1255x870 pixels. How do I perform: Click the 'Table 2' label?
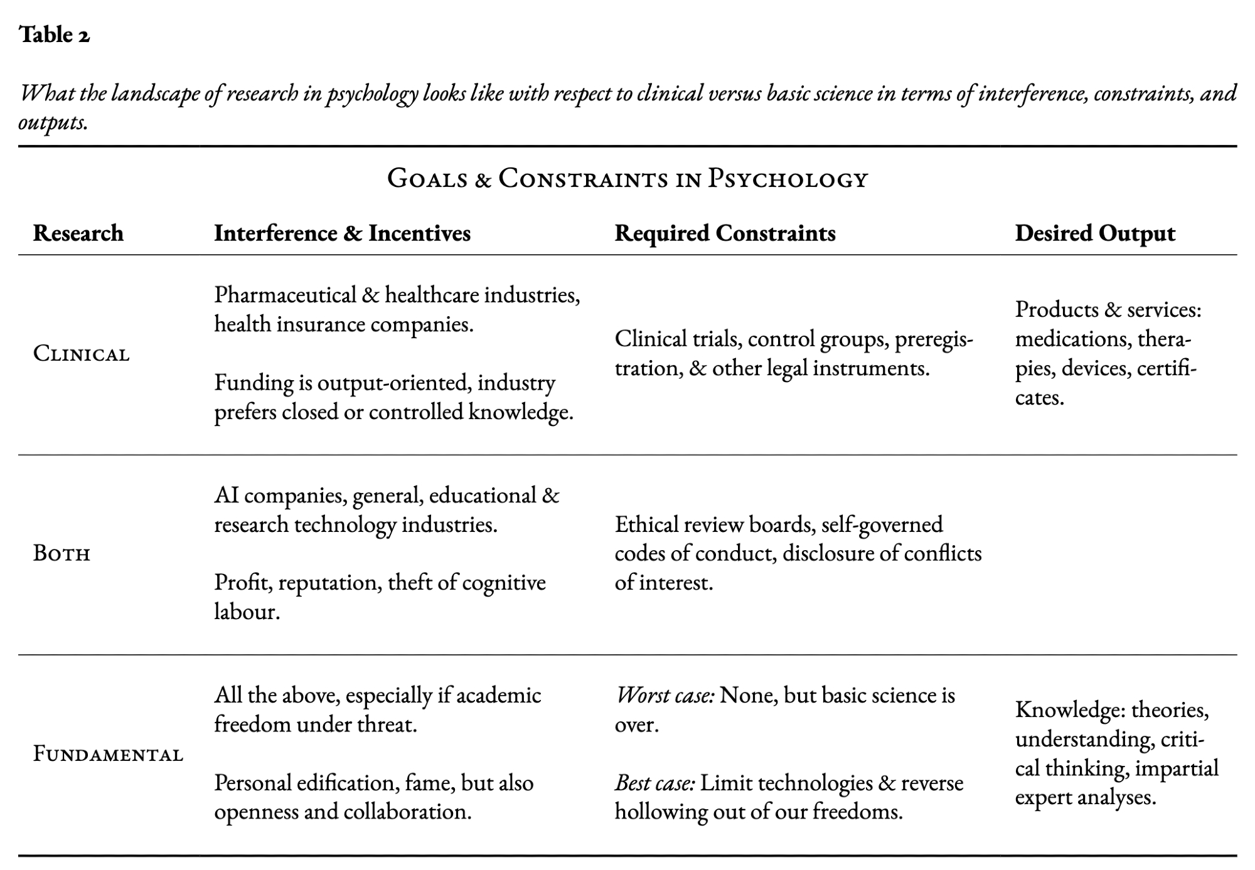click(x=55, y=35)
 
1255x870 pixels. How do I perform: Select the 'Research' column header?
click(x=78, y=233)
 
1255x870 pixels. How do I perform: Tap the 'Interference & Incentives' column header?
click(x=342, y=233)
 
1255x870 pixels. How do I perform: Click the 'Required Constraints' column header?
click(x=725, y=233)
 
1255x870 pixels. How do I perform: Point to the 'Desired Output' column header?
click(x=1095, y=233)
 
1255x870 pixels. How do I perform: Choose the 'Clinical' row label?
click(x=82, y=354)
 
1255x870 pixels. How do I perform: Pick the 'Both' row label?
click(x=62, y=554)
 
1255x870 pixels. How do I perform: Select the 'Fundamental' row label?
click(x=108, y=754)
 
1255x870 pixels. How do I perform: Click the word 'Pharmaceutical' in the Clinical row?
click(x=285, y=295)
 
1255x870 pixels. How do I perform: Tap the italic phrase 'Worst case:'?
click(x=665, y=696)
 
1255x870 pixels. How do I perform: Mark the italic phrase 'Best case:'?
click(x=654, y=783)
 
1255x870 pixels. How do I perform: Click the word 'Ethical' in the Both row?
click(x=646, y=524)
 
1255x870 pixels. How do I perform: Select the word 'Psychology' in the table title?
click(x=788, y=179)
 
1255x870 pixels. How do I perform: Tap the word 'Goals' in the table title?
click(x=427, y=179)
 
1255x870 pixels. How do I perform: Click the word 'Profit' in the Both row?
click(x=243, y=583)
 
